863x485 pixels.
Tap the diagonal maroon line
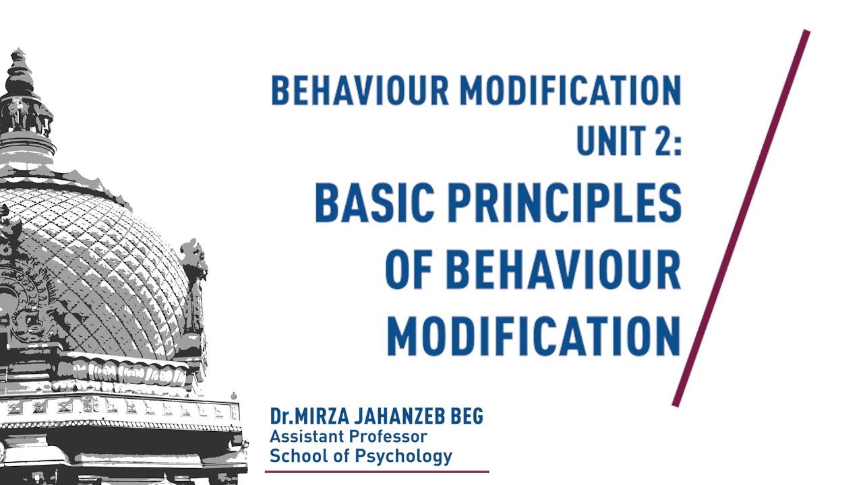[x=742, y=217]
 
